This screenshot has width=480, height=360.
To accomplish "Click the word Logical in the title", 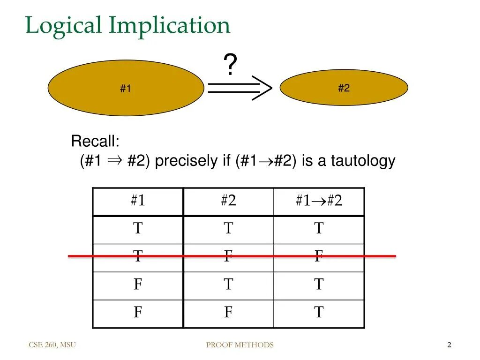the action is tap(63, 26).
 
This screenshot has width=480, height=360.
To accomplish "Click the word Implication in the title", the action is tap(169, 26).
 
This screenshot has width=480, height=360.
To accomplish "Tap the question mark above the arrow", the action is tap(230, 65).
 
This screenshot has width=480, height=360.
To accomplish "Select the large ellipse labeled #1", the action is tap(126, 88).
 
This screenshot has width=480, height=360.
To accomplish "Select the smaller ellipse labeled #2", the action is tap(344, 88).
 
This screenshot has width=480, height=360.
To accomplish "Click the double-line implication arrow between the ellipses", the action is tap(239, 88).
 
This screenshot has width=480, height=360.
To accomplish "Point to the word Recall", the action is tap(95, 141).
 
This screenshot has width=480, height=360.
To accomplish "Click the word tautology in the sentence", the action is tap(363, 161).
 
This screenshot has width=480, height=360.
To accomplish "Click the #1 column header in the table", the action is tap(138, 201).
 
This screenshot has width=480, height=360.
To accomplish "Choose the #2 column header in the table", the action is tap(228, 201).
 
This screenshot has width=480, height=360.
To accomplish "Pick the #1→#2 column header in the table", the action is tap(319, 201).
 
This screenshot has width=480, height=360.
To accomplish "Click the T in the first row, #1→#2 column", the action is tap(319, 229).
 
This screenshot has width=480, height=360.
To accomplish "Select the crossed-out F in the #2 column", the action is tap(228, 256).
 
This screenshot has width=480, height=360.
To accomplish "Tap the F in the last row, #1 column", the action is tap(138, 312).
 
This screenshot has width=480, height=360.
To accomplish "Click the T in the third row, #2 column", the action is tap(228, 284).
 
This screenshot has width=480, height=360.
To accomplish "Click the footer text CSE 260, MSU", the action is tap(52, 345).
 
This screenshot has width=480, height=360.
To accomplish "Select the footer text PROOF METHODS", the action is tap(240, 345).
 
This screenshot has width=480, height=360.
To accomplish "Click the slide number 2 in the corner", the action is tap(449, 345).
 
